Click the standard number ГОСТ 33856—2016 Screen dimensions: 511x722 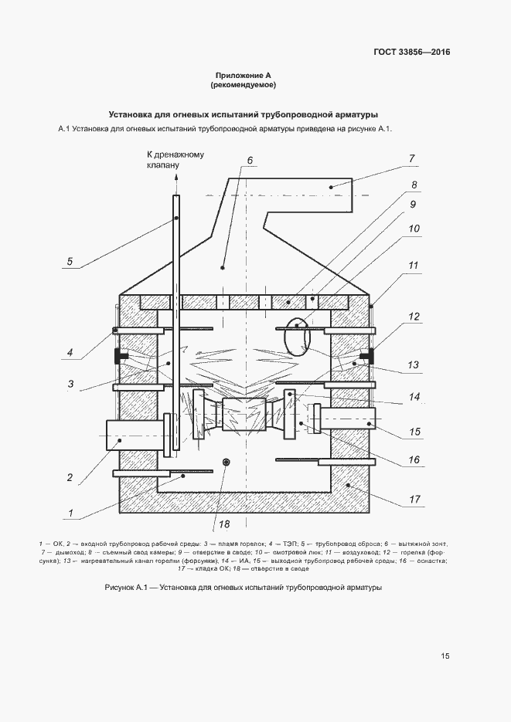pyautogui.click(x=411, y=52)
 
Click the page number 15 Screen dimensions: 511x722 pyautogui.click(x=445, y=656)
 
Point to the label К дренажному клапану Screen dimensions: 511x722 pyautogui.click(x=175, y=159)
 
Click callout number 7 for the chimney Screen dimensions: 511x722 pyautogui.click(x=411, y=158)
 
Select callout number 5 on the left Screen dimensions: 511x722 pyautogui.click(x=70, y=262)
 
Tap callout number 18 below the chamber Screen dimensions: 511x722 pyautogui.click(x=224, y=524)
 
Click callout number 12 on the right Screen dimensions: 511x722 pyautogui.click(x=414, y=317)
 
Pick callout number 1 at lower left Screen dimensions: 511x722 pyautogui.click(x=70, y=513)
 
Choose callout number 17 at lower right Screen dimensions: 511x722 pyautogui.click(x=414, y=499)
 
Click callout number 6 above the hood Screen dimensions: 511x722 pyautogui.click(x=250, y=161)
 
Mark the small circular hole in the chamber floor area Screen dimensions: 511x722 pyautogui.click(x=226, y=462)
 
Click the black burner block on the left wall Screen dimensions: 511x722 pyautogui.click(x=121, y=356)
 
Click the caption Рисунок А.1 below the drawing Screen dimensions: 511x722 pyautogui.click(x=244, y=588)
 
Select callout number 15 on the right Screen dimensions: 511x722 pyautogui.click(x=414, y=432)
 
